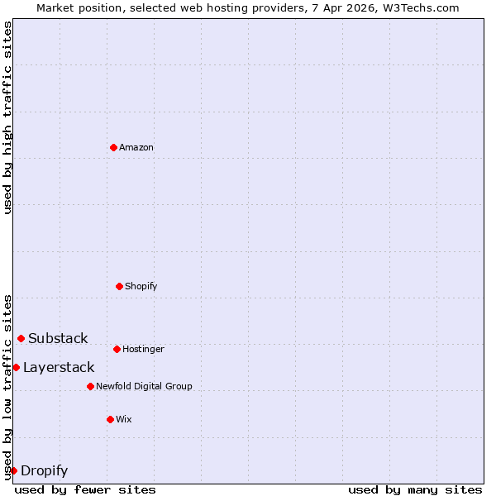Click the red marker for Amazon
coord(113,147)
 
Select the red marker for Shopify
coord(119,286)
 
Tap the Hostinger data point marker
coord(117,349)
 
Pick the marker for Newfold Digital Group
coord(90,386)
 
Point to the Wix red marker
coord(110,419)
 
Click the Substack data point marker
coord(21,338)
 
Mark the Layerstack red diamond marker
coord(16,367)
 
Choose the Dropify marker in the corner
coord(13,470)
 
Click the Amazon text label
coord(136,147)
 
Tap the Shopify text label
coord(141,286)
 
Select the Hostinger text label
coord(144,349)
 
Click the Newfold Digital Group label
coord(144,386)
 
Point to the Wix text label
coord(124,419)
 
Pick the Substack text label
coord(58,338)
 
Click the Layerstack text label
coord(59,367)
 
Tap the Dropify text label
coord(44,470)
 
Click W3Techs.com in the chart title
coord(419,7)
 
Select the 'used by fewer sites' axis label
coord(85,489)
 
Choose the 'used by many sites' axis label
coord(415,489)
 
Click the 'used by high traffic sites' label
coord(7,117)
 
